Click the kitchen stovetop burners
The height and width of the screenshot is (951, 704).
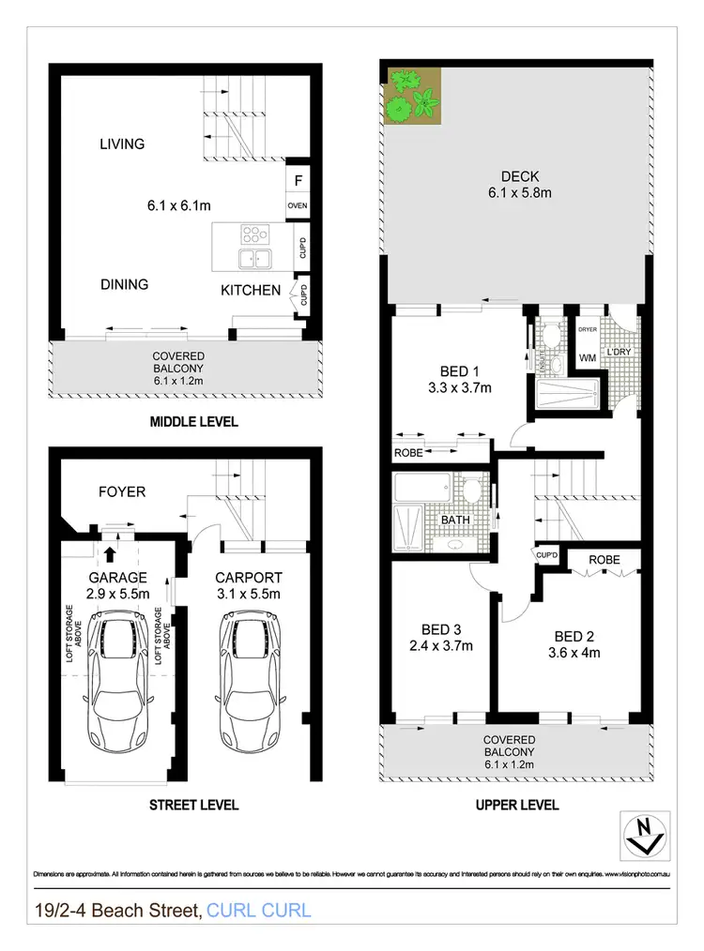point(254,234)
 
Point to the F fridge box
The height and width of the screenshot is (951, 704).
point(298,178)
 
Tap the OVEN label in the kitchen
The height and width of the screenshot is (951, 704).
point(298,206)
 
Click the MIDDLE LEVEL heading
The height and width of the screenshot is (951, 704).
point(194,422)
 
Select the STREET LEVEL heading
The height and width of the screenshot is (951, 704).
point(194,805)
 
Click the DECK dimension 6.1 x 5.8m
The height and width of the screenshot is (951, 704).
point(518,194)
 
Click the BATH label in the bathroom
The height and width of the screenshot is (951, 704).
point(455,520)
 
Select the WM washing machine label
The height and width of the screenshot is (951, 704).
point(588,357)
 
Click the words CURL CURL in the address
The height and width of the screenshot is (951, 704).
point(258,910)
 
